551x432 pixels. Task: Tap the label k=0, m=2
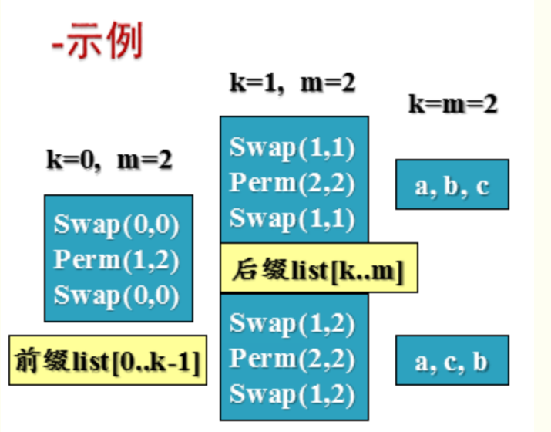[109, 160]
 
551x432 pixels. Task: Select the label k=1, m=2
[293, 83]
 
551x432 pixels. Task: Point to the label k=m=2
[452, 103]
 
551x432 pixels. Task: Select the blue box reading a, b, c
[452, 185]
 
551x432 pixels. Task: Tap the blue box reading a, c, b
[452, 360]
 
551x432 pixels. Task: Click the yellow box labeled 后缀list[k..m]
[319, 268]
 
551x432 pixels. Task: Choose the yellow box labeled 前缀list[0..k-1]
[109, 359]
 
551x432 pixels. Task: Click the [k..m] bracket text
[367, 270]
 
